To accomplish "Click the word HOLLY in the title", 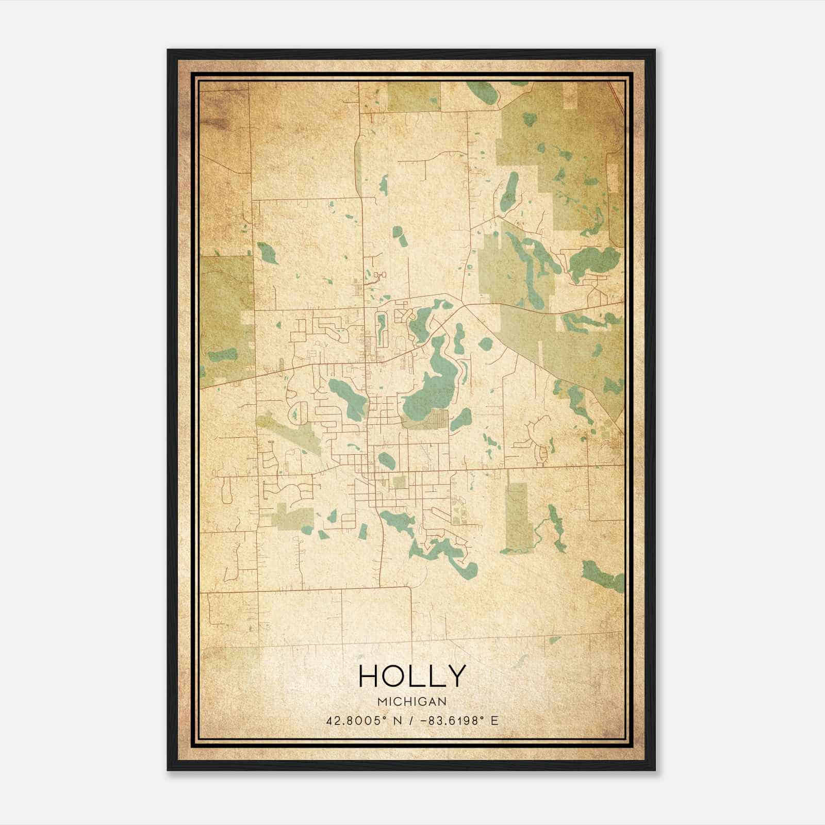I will [x=411, y=676].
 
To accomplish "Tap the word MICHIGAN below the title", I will [x=411, y=701].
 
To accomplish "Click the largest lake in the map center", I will [x=431, y=392].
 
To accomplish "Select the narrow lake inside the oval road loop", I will [x=382, y=330].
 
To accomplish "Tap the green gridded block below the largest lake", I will [x=425, y=419].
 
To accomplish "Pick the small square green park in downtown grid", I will [x=399, y=483].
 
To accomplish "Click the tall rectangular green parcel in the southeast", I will [x=517, y=516].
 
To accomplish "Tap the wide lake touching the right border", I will [x=593, y=260].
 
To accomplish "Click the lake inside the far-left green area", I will [x=223, y=355].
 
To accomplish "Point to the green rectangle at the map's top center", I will [x=414, y=96].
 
